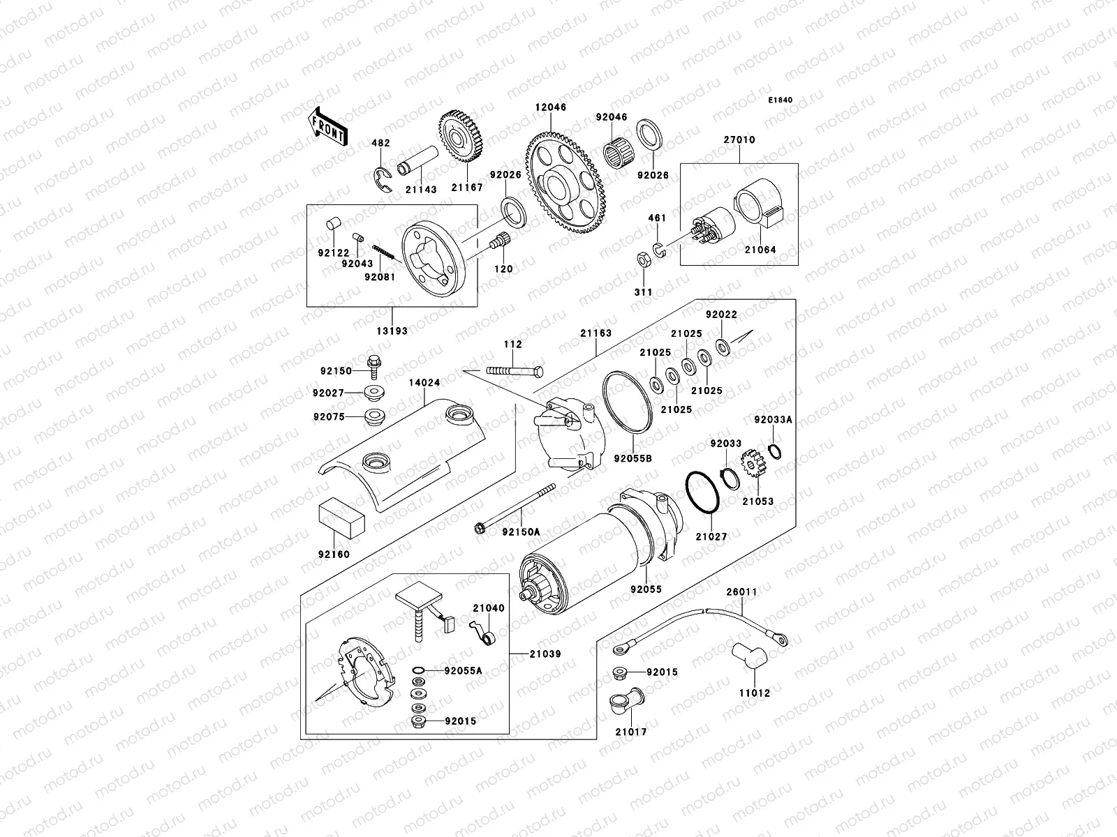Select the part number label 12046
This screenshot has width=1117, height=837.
click(551, 108)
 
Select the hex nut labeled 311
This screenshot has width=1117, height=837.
click(644, 261)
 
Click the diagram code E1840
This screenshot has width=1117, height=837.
click(781, 100)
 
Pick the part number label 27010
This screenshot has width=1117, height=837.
click(739, 140)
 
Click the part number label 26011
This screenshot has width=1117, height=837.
click(742, 592)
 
